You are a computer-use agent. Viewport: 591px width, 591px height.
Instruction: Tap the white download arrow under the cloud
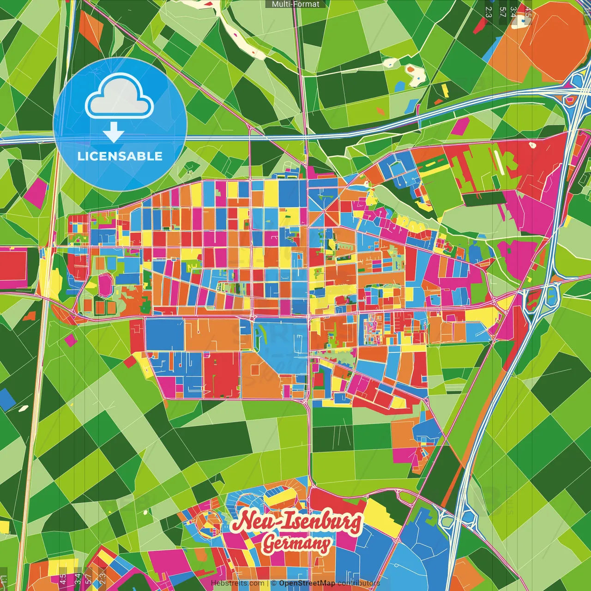114,133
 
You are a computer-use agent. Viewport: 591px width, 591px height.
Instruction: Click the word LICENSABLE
120,156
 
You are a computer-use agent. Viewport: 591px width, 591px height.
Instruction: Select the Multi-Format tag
295,4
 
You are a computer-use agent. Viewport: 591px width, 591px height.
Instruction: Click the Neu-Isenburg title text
296,522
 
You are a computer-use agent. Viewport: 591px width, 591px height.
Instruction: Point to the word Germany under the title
296,544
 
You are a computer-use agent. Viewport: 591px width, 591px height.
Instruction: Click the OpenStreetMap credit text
307,583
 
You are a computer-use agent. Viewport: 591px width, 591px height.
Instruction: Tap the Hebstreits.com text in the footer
237,583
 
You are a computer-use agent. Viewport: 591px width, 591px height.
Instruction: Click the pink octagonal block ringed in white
106,285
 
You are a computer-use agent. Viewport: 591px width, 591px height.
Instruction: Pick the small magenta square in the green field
71,340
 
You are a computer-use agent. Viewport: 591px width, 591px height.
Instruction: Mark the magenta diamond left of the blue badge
36,192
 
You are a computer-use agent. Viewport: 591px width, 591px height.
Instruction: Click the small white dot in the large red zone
532,145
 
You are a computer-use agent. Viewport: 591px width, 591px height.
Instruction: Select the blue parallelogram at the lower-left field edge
7,399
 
